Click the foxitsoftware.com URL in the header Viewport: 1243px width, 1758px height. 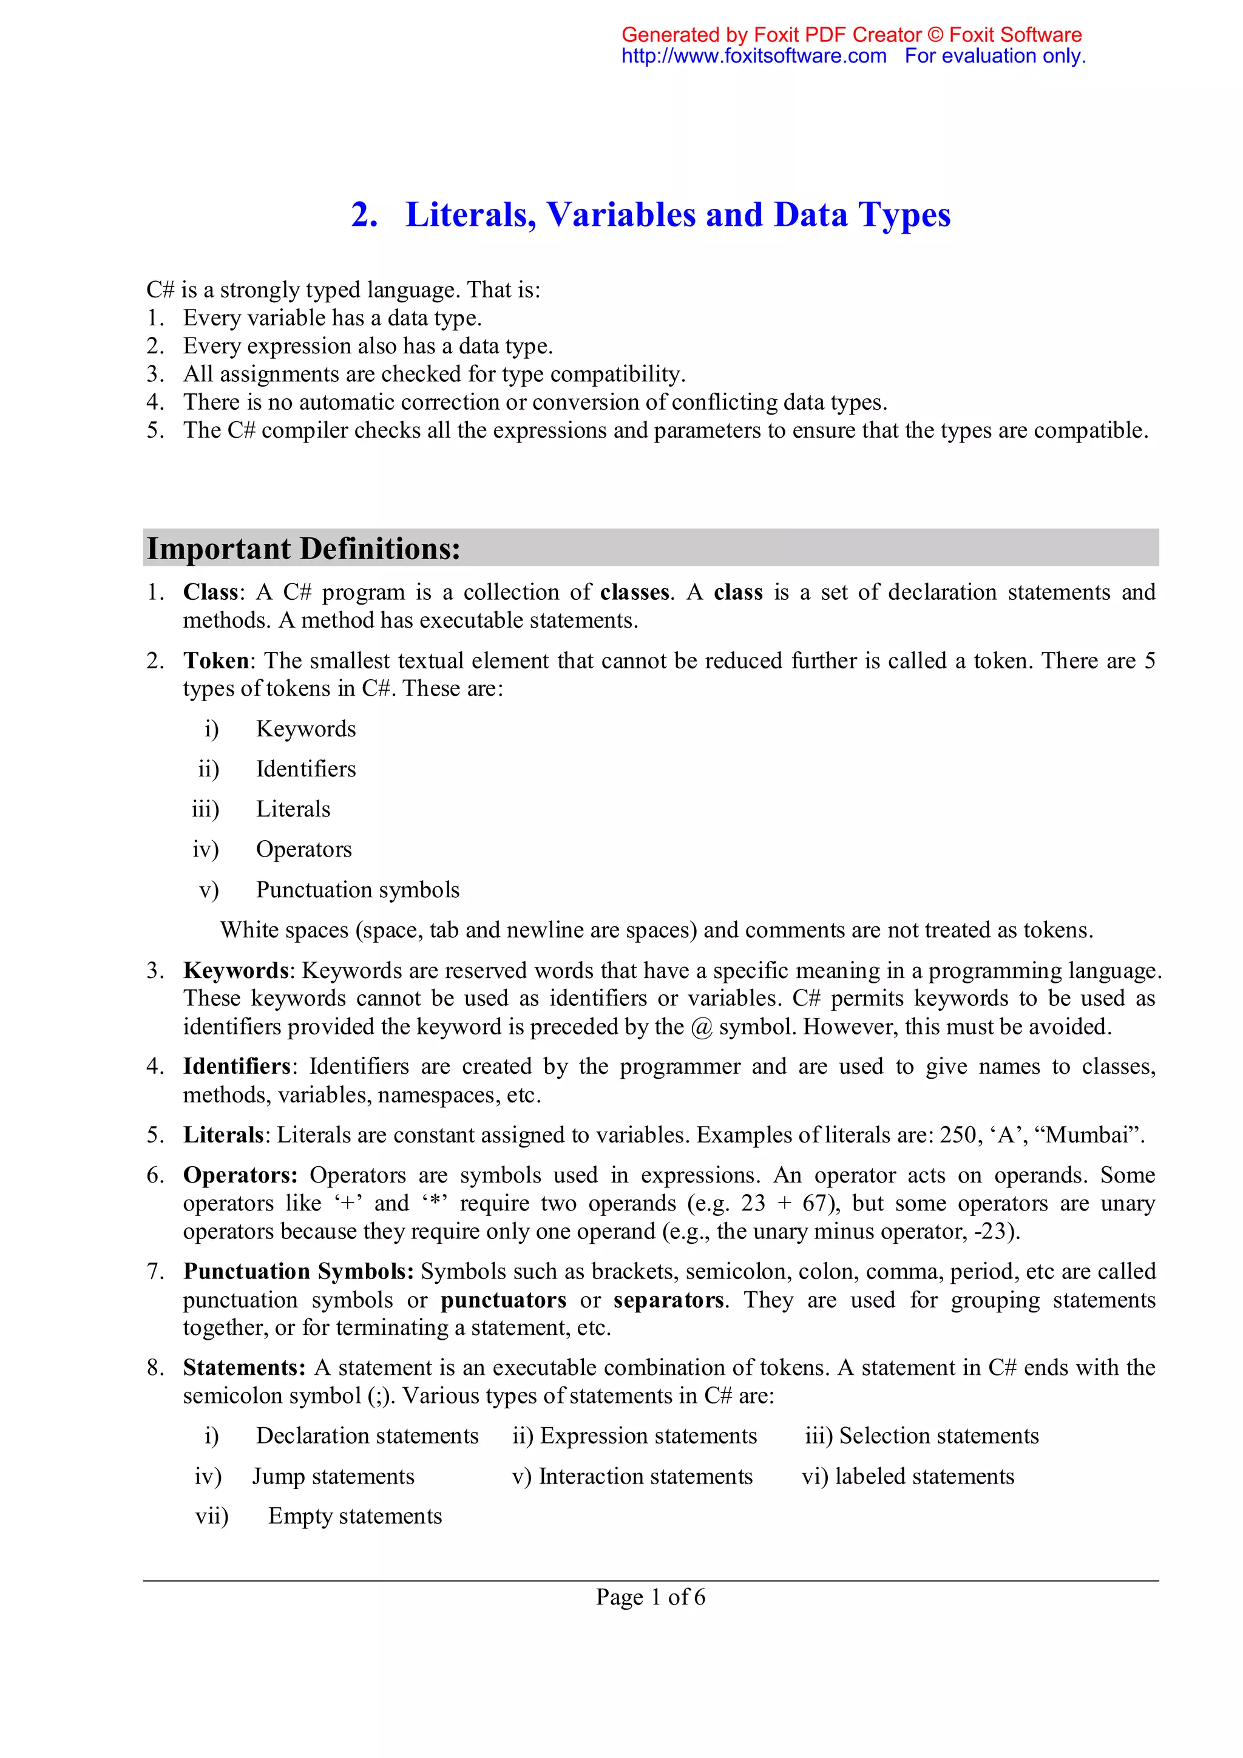coord(753,56)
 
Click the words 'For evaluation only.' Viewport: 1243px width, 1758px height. coord(994,56)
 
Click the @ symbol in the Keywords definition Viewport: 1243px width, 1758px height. coord(701,1027)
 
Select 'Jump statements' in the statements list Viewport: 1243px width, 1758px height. coord(334,1476)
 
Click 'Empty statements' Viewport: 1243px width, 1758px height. coord(355,1515)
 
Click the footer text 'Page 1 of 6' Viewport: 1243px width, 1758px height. coord(651,1597)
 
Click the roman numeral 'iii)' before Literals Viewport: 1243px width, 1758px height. coord(205,809)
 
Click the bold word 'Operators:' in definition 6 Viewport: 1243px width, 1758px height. coord(240,1175)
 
